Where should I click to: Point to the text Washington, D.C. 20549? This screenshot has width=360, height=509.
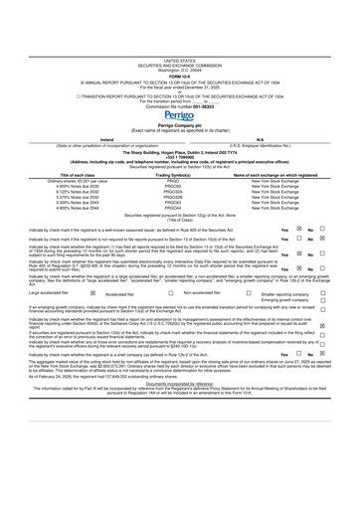tap(179, 17)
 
